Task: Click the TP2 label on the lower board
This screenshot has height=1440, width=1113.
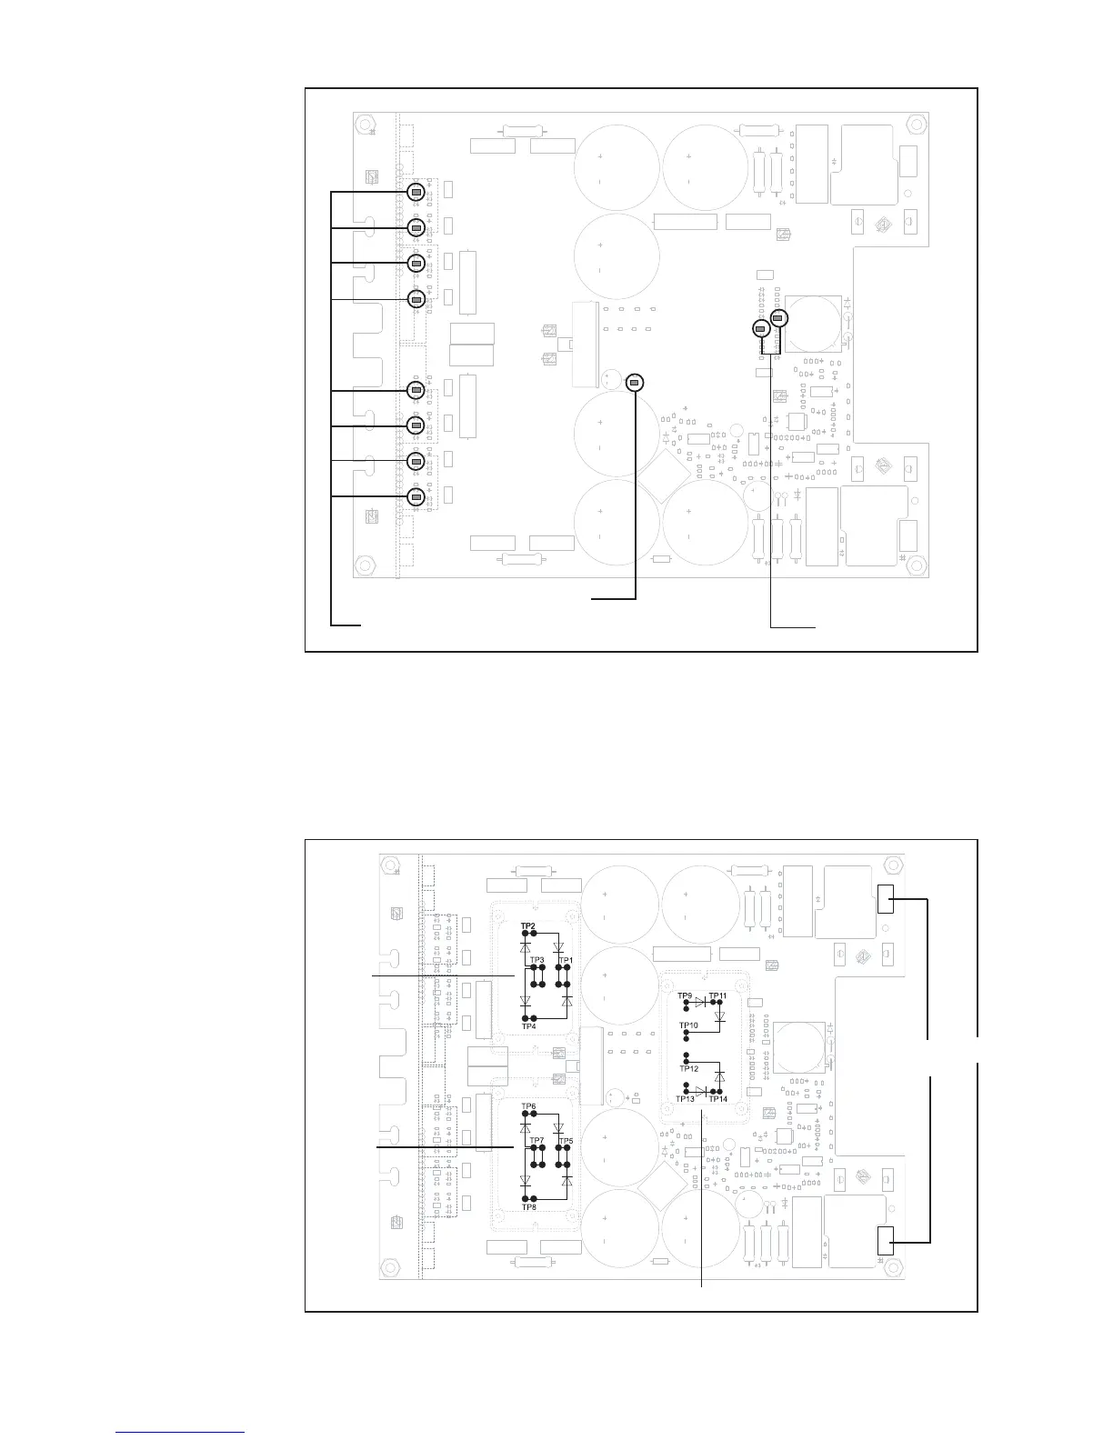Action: [x=527, y=926]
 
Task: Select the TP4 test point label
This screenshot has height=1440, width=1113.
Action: [x=528, y=1026]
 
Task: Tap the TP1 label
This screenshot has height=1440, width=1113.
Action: [x=566, y=960]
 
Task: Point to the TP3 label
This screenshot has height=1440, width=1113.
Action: [x=536, y=960]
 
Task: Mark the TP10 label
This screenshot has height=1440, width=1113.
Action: [x=688, y=1025]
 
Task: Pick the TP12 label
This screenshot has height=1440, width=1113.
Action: [x=688, y=1068]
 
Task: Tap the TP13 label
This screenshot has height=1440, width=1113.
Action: [x=686, y=1099]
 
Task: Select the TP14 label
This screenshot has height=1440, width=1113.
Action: [x=718, y=1099]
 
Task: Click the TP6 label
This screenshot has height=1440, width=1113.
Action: [x=528, y=1106]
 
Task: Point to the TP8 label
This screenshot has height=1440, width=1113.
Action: [x=529, y=1206]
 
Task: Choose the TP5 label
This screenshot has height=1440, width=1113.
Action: [x=567, y=1141]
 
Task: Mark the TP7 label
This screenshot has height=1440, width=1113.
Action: [x=536, y=1141]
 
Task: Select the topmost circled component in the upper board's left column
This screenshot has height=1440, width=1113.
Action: [x=416, y=192]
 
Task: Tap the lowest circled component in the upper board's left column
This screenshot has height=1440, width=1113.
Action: [x=416, y=496]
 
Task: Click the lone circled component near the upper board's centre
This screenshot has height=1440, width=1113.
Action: [x=635, y=383]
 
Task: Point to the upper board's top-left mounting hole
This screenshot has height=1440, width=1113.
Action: [x=364, y=124]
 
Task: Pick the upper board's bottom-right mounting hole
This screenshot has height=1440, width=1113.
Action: [x=916, y=565]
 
